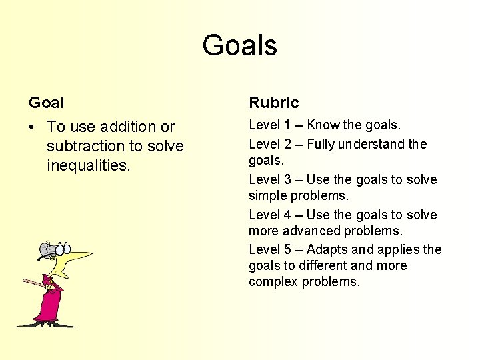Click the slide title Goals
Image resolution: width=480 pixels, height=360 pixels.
tap(239, 45)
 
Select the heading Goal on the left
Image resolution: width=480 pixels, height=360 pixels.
tap(47, 103)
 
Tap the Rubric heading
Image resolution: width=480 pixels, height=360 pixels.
tap(273, 103)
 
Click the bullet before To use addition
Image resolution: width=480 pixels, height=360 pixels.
tap(33, 127)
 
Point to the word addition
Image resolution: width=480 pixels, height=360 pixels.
tap(126, 127)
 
